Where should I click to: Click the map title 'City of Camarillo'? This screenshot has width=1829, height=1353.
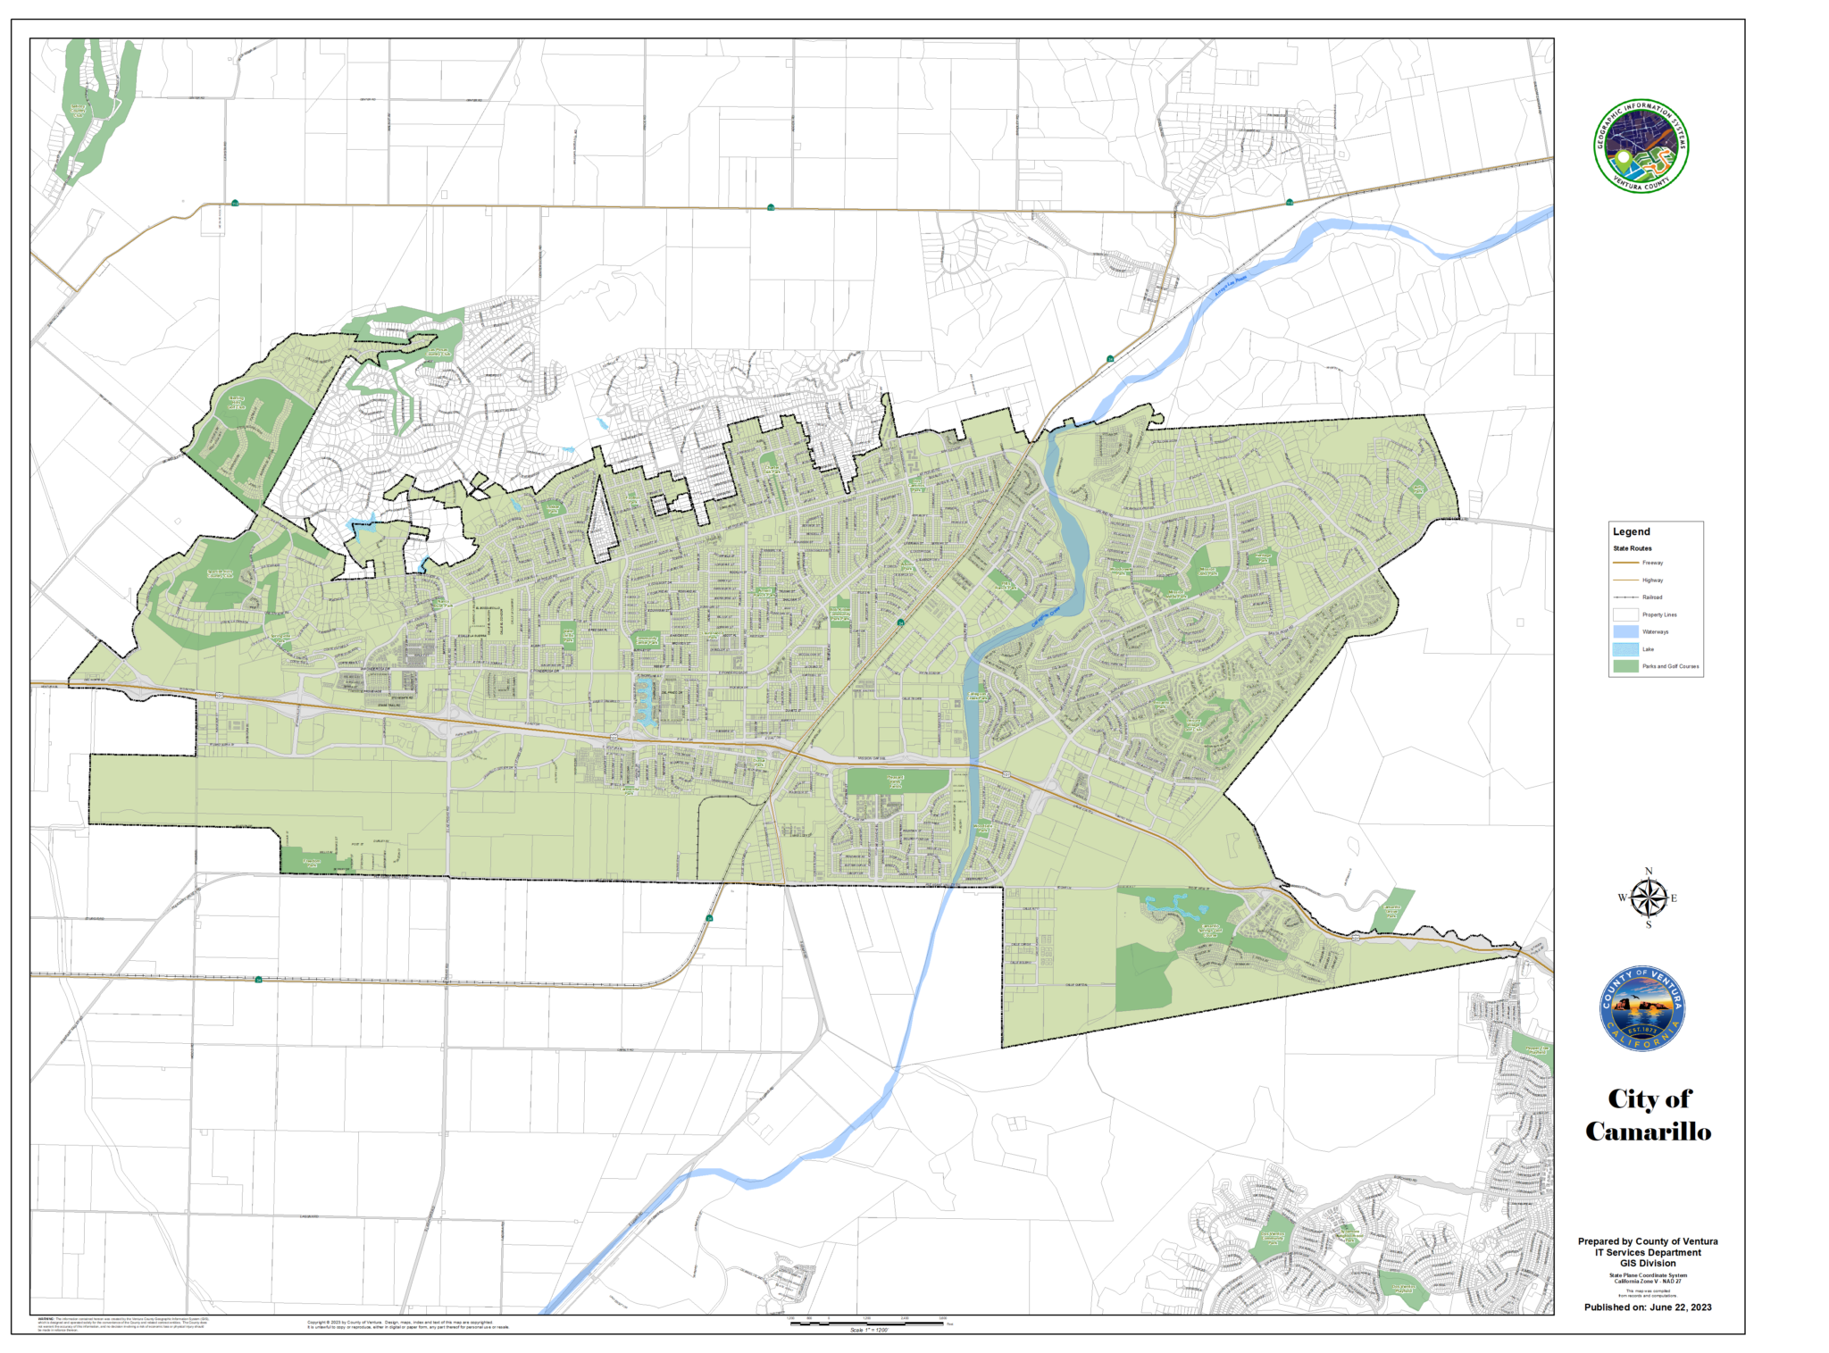[1648, 1115]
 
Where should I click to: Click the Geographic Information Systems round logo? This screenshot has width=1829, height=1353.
[1641, 146]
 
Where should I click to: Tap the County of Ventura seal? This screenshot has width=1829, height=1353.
[1641, 1007]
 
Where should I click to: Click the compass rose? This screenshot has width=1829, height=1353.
[1648, 898]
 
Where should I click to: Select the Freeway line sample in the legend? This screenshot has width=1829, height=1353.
[1625, 563]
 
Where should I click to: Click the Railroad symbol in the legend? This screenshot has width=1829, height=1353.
[1625, 597]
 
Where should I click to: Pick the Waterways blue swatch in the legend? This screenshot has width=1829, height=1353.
[1625, 631]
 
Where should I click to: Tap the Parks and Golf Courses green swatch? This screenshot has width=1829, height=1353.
[1625, 666]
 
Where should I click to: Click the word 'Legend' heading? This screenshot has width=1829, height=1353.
[1631, 531]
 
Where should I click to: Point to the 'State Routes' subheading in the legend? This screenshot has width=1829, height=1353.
[1632, 548]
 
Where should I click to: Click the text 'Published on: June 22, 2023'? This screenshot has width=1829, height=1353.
[1648, 1307]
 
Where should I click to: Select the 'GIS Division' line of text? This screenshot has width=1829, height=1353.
[1648, 1264]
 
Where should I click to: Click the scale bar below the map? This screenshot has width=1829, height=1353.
[866, 1323]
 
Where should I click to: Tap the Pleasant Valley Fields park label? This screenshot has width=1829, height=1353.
[897, 781]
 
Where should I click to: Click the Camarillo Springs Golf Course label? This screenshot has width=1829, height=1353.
[1210, 929]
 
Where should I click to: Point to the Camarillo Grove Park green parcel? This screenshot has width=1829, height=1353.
[1391, 909]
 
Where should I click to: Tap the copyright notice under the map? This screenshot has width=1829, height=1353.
[407, 1324]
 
